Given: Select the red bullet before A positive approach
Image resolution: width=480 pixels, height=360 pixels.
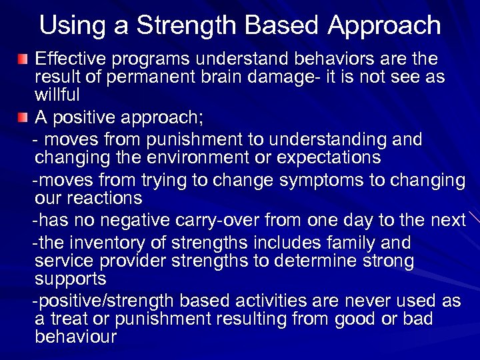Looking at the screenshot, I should pos(23,118).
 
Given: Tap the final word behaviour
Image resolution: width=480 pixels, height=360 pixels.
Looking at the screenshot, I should pos(75,336).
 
